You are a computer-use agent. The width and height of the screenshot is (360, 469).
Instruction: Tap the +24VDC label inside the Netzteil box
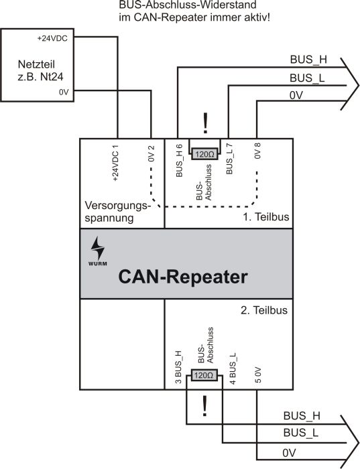(52, 39)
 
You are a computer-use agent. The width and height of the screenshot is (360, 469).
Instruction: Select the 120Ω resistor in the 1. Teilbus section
(204, 154)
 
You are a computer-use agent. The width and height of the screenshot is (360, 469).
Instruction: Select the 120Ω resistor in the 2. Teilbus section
(204, 375)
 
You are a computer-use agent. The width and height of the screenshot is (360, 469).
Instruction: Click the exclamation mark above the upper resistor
(205, 123)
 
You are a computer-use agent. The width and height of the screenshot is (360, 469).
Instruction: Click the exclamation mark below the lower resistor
(204, 406)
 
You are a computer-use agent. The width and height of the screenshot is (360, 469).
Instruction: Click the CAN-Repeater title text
(183, 277)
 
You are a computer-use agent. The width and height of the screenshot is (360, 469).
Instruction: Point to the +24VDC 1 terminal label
(115, 163)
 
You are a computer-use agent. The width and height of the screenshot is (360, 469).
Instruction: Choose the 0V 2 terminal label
(152, 153)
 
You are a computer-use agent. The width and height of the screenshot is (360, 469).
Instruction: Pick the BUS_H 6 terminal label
(179, 161)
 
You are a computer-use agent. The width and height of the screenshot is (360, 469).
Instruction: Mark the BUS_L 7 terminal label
(229, 159)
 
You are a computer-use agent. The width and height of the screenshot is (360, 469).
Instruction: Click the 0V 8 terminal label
(257, 151)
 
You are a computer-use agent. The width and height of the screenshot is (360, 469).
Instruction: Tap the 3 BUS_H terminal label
(178, 367)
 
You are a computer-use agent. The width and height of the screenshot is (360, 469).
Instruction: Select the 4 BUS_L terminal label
(233, 368)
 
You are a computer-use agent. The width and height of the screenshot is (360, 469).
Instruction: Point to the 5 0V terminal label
(258, 375)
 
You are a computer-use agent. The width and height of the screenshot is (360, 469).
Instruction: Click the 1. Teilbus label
(265, 216)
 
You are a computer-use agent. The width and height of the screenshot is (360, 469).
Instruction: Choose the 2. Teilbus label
(264, 310)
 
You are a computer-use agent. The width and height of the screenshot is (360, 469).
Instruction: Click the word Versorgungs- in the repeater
(117, 206)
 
